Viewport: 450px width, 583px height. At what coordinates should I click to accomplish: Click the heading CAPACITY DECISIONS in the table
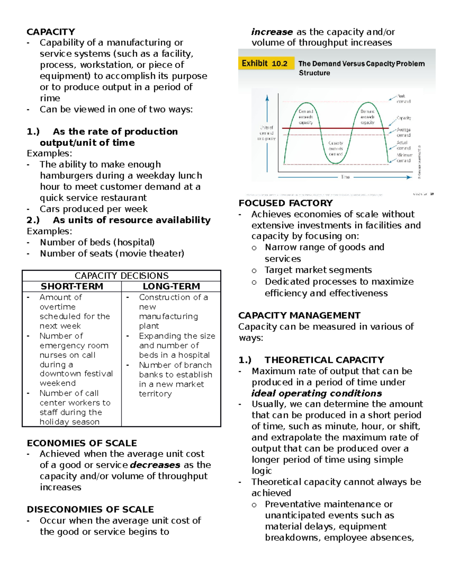[121, 276]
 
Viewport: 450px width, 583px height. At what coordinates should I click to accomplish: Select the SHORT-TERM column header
[72, 286]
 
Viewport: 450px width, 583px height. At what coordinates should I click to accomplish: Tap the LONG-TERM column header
[171, 286]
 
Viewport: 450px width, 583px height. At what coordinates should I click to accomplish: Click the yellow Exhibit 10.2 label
[264, 63]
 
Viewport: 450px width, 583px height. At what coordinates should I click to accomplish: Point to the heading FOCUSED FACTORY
[285, 203]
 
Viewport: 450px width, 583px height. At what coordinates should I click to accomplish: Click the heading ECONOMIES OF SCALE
[82, 443]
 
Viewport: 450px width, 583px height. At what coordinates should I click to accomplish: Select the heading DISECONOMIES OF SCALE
[90, 509]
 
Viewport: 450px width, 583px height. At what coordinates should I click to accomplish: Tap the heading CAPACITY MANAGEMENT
[299, 315]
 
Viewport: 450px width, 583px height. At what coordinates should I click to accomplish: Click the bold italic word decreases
[155, 465]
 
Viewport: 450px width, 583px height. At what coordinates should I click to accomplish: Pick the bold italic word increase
[272, 32]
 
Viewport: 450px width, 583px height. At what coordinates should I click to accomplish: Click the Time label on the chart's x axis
[345, 177]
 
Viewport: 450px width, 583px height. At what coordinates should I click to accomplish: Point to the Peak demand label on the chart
[403, 99]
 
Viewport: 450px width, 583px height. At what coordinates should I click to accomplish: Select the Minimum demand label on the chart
[404, 158]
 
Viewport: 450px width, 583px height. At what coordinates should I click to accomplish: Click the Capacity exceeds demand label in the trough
[336, 149]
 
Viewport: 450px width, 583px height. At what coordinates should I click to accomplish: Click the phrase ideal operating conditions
[316, 393]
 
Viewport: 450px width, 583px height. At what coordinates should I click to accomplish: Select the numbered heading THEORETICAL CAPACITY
[324, 360]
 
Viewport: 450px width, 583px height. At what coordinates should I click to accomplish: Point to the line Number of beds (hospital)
[97, 243]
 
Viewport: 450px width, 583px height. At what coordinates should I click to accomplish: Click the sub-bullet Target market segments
[318, 270]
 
